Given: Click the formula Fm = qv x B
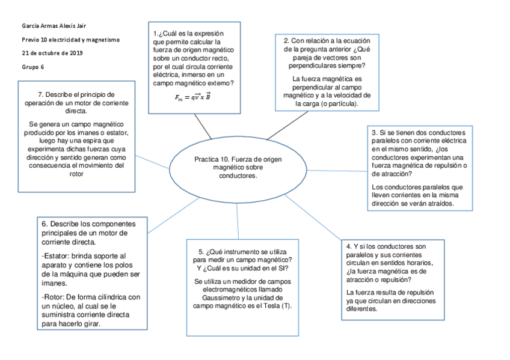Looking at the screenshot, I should (192, 97).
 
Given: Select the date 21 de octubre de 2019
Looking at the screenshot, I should (52, 53).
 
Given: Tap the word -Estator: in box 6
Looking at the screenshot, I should (55, 255).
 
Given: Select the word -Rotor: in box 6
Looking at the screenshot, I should (54, 296).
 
